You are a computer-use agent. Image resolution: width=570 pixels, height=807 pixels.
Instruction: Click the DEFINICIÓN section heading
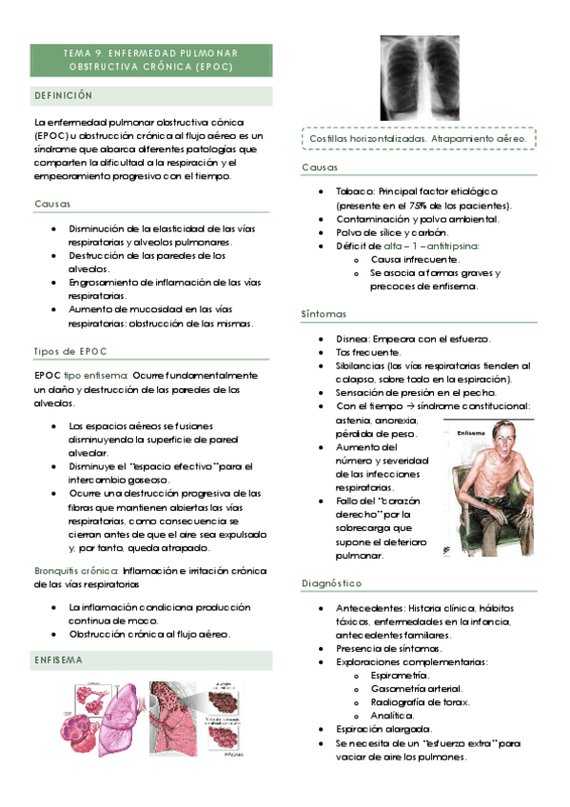click(x=64, y=96)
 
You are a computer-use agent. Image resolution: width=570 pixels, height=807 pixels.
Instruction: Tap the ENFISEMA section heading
click(x=59, y=659)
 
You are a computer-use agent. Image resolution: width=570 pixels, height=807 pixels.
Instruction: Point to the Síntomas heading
click(x=324, y=313)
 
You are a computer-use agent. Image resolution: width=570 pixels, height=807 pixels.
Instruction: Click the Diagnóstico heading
click(x=331, y=582)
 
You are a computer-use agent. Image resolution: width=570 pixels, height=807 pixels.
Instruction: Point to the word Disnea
click(x=352, y=339)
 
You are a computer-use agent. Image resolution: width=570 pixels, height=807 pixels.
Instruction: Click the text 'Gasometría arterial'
click(x=417, y=687)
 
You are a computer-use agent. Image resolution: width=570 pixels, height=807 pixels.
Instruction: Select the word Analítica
click(x=392, y=714)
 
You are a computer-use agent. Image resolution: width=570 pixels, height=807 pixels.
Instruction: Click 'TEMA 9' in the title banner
click(x=81, y=53)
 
